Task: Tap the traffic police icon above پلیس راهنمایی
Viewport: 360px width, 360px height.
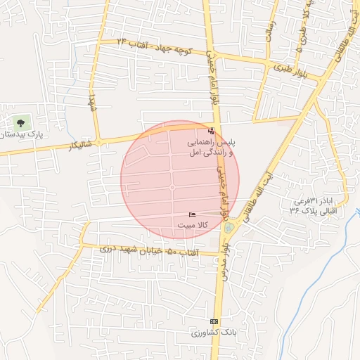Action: (x=212, y=131)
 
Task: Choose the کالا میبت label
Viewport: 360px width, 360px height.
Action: (x=192, y=225)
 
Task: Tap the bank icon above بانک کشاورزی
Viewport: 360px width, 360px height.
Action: (x=214, y=321)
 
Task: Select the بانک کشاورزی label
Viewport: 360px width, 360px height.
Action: (x=214, y=332)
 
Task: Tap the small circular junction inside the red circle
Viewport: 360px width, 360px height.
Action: (x=172, y=188)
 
